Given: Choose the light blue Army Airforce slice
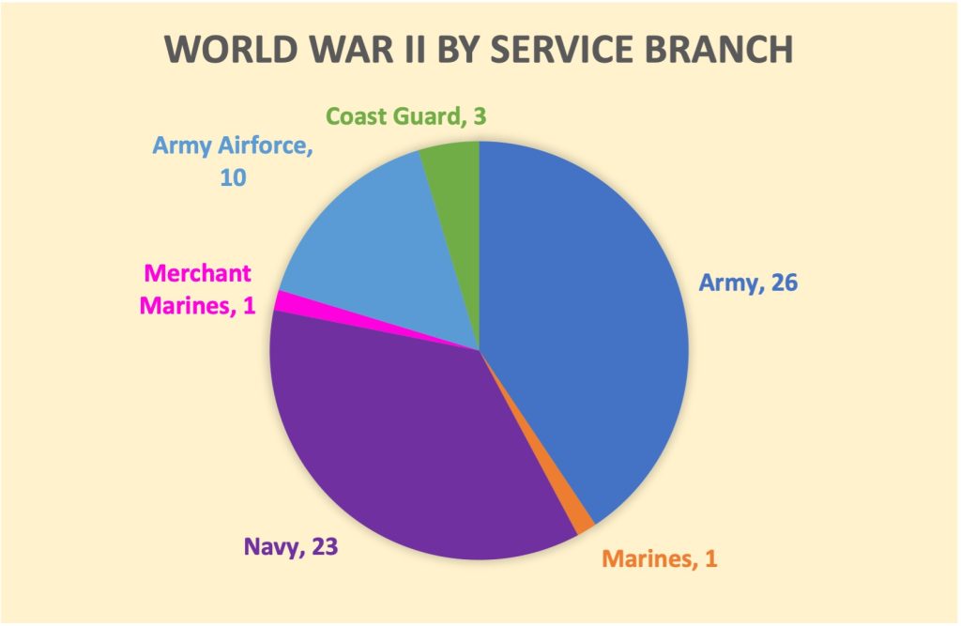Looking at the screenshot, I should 375,244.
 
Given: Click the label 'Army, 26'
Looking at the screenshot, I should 748,282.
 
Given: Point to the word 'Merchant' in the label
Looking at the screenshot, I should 198,274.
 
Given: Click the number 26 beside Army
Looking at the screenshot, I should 780,282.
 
